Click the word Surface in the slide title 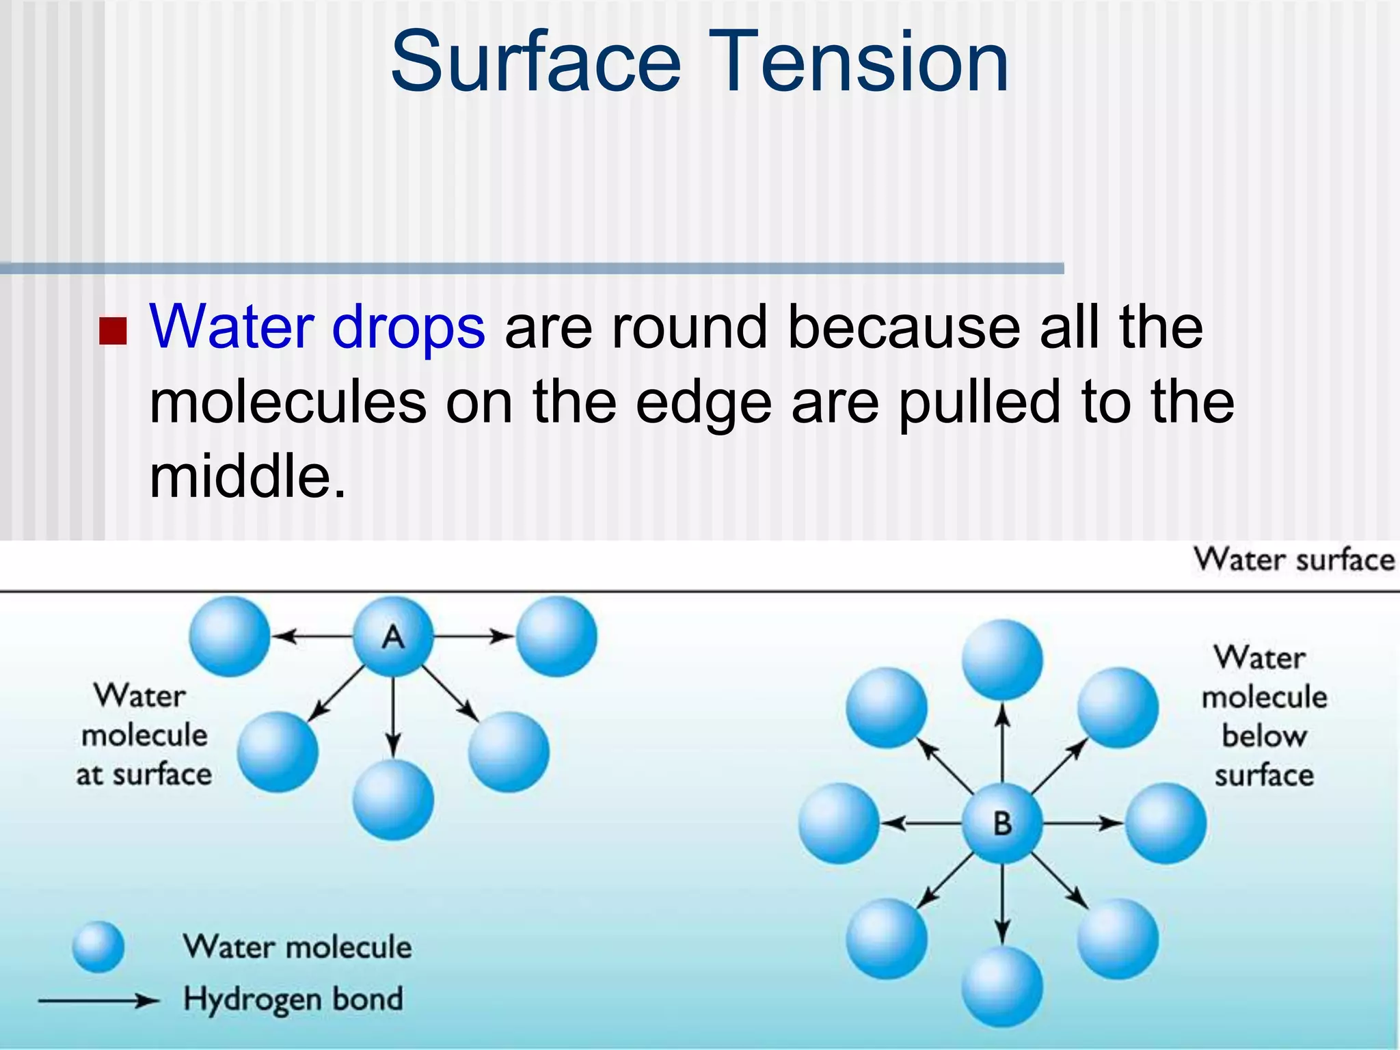click(536, 63)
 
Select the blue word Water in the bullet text click(231, 327)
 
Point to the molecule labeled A click(393, 636)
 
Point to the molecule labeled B click(1002, 823)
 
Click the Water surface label click(1293, 560)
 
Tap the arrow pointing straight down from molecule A click(393, 718)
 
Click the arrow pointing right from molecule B click(1083, 823)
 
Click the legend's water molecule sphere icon click(98, 947)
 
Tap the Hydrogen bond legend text click(293, 999)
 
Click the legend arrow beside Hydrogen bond click(99, 1001)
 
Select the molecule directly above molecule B click(1002, 660)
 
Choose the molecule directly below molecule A click(393, 800)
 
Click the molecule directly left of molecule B click(839, 823)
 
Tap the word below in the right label click(1264, 736)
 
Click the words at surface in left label click(144, 775)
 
